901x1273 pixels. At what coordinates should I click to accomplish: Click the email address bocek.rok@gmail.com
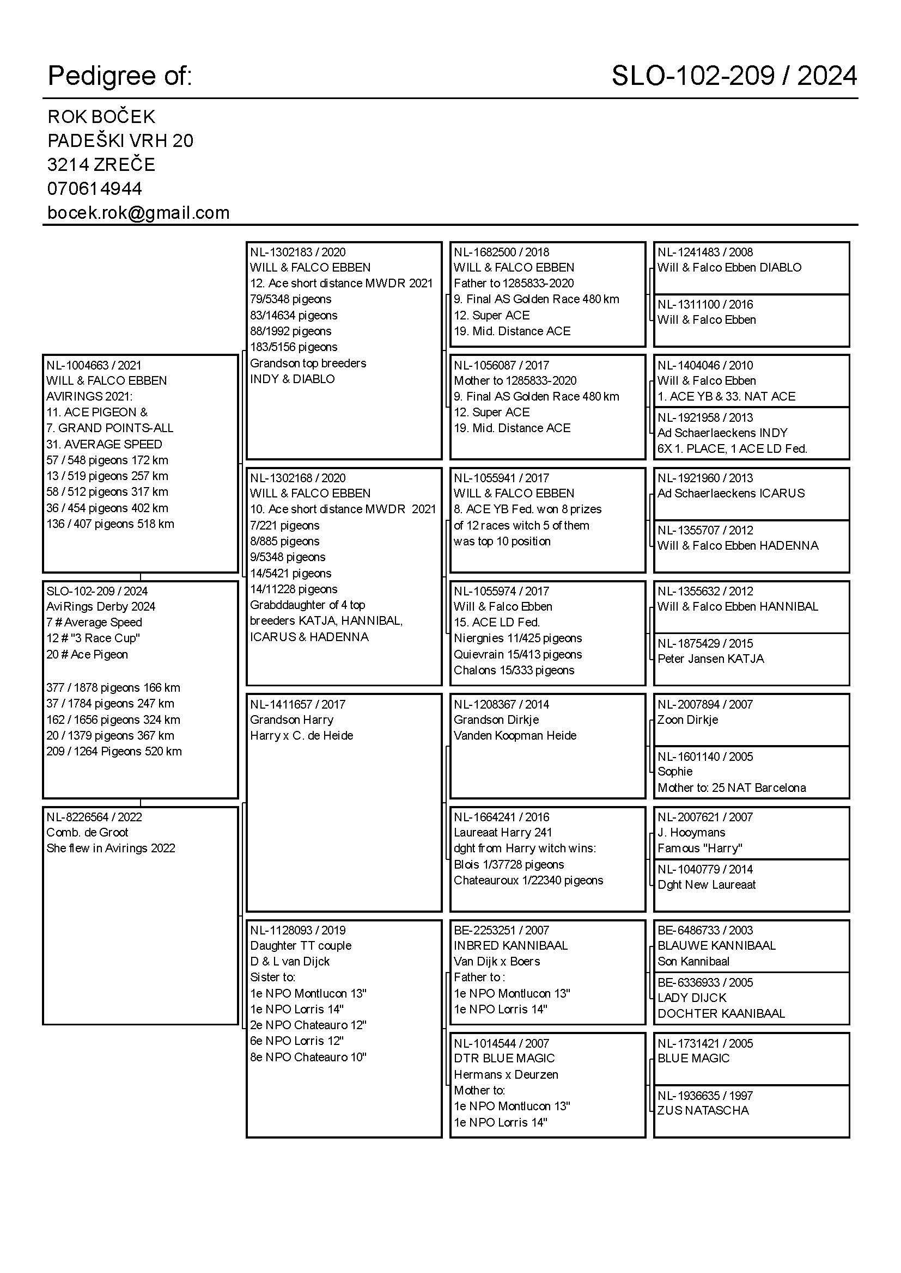(x=138, y=213)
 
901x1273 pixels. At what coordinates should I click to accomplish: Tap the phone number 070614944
(x=94, y=189)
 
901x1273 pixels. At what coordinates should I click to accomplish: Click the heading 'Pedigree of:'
(x=120, y=76)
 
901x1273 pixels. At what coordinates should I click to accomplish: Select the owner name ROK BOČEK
(x=101, y=117)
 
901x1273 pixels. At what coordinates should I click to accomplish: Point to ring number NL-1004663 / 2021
(x=94, y=365)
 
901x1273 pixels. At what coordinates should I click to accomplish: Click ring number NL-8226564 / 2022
(x=94, y=817)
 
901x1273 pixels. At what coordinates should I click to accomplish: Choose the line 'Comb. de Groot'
(x=87, y=832)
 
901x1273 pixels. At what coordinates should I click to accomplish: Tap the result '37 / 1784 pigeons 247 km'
(x=110, y=704)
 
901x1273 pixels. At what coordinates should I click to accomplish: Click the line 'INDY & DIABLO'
(x=293, y=379)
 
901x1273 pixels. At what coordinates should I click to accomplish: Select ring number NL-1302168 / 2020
(x=297, y=478)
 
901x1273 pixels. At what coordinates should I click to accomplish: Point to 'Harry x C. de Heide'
(x=301, y=736)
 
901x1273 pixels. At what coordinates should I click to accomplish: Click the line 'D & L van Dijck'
(x=290, y=961)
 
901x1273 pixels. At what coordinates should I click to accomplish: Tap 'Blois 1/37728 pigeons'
(x=509, y=864)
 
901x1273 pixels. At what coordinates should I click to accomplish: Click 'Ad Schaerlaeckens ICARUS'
(x=730, y=494)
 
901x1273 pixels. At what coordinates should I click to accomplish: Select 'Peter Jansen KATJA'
(x=711, y=659)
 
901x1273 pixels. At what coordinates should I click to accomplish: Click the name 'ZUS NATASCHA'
(x=703, y=1111)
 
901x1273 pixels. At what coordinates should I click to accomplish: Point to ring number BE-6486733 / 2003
(x=705, y=930)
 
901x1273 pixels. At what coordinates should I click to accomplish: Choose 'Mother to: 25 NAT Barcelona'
(x=731, y=788)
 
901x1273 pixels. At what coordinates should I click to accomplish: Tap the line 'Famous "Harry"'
(x=699, y=848)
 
